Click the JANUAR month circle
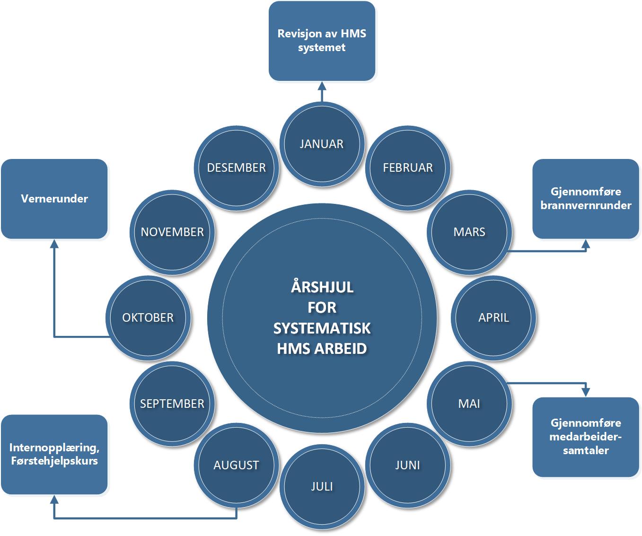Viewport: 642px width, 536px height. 322,144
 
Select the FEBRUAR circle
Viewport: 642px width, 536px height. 408,167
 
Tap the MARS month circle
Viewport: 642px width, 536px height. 469,232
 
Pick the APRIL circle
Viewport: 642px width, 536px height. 493,317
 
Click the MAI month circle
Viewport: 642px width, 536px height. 469,404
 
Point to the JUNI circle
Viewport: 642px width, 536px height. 408,465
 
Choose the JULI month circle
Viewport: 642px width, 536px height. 322,486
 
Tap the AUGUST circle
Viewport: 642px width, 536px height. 236,465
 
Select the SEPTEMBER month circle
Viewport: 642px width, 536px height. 172,404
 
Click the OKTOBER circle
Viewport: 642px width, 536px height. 148,317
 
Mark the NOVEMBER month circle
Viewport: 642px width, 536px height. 172,232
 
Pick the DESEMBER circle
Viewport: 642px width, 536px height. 236,167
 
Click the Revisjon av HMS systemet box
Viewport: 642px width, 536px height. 322,41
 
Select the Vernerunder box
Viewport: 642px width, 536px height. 54,199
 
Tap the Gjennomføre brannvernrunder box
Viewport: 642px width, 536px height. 586,199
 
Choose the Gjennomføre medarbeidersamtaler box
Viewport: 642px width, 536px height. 586,437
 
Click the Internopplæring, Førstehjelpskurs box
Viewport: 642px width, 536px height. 54,454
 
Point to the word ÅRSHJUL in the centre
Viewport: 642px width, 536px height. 322,287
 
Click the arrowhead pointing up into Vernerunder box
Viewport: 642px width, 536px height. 54,244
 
